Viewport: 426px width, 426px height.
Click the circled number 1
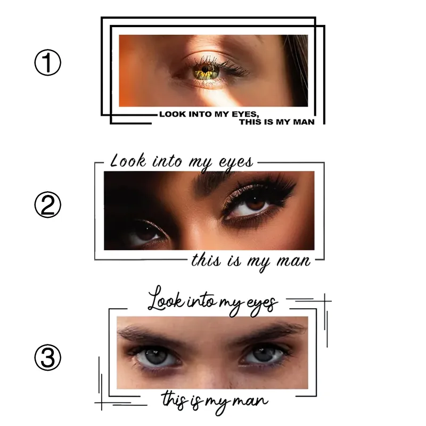pyautogui.click(x=48, y=63)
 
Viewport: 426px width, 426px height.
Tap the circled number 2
pyautogui.click(x=48, y=205)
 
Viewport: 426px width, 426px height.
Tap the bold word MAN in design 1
pyautogui.click(x=303, y=122)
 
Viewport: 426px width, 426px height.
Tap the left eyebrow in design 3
pyautogui.click(x=149, y=334)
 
